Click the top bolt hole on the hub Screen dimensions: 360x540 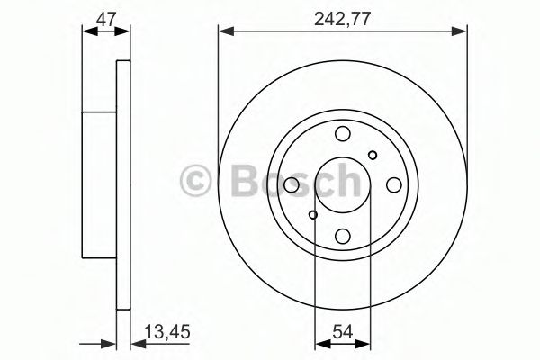point(343,134)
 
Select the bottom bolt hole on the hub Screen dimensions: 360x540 point(343,237)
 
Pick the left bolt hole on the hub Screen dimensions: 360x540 point(292,185)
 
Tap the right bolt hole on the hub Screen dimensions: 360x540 point(394,185)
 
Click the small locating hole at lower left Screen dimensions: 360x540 point(313,215)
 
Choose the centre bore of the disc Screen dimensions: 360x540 point(343,185)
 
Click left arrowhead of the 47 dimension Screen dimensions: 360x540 point(87,32)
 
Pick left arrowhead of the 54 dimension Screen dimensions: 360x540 point(319,343)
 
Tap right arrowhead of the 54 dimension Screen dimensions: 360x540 point(367,343)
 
